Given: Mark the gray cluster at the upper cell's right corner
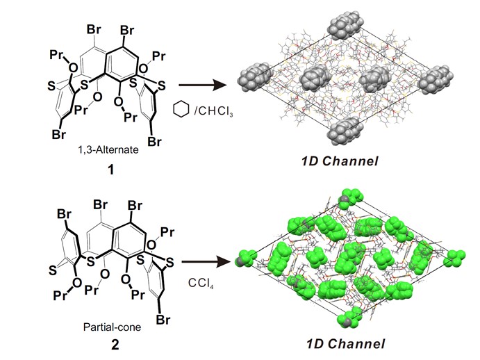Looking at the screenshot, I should [x=447, y=75].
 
